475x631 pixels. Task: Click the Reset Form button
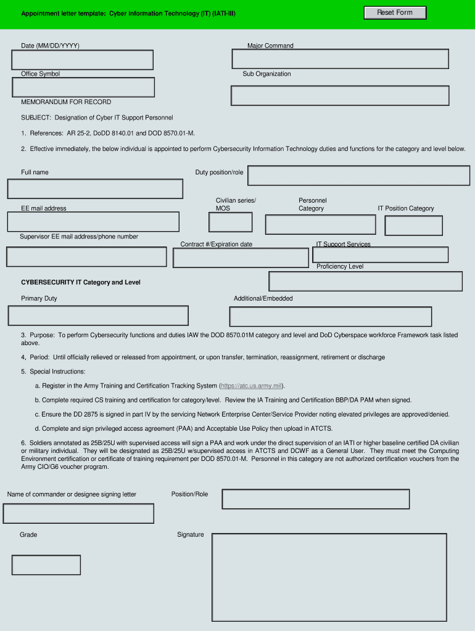point(394,13)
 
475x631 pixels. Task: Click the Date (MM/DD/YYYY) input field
point(82,60)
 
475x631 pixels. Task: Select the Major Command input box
point(340,59)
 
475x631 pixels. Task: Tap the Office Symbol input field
point(83,88)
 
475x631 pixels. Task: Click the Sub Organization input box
point(340,96)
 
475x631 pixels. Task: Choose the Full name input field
point(95,189)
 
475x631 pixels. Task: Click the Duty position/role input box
point(358,176)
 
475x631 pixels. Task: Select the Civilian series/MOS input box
point(231,222)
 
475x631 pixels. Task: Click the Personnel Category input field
point(320,225)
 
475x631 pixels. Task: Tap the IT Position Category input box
point(413,226)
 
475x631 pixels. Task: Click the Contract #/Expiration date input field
point(241,258)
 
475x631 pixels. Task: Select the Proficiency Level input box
point(365,281)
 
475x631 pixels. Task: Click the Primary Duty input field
point(98,315)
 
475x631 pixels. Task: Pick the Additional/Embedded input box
point(330,316)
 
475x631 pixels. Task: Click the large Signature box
point(329,577)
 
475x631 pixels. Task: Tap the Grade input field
point(46,565)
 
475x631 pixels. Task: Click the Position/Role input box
point(315,499)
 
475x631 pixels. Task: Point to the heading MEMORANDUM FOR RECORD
point(66,102)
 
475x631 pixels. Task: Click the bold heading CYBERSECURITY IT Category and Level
point(81,282)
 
